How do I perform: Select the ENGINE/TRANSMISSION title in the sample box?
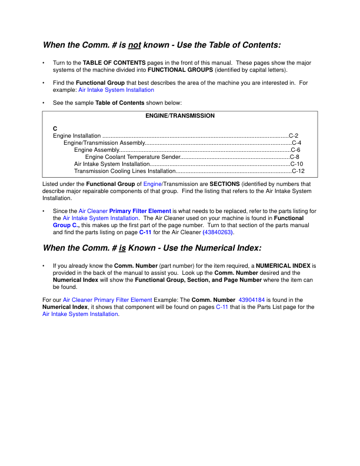click(179, 116)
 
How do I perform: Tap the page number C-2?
click(294, 135)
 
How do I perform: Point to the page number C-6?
click(295, 150)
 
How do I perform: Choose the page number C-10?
click(297, 164)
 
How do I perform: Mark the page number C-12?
click(298, 171)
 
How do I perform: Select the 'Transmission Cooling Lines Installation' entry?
click(125, 171)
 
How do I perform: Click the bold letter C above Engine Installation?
click(55, 128)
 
